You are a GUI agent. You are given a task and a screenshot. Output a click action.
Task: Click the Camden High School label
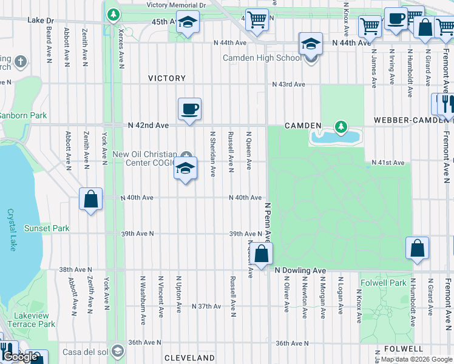(x=262, y=58)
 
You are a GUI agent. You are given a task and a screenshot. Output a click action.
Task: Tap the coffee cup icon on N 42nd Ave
(x=189, y=109)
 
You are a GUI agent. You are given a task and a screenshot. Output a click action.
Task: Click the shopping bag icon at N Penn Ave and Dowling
(x=262, y=254)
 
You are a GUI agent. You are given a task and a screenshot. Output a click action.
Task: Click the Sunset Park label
(x=46, y=229)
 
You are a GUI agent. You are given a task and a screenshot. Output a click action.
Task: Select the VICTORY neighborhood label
(x=167, y=78)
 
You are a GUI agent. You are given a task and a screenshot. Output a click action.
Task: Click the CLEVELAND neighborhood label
(x=189, y=357)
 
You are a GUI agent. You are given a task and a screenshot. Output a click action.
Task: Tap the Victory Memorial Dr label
(x=176, y=5)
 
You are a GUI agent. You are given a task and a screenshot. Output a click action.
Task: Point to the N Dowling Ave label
(x=300, y=270)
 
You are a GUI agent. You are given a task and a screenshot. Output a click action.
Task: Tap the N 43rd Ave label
(x=288, y=84)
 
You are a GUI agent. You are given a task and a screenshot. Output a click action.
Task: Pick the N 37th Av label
(x=206, y=306)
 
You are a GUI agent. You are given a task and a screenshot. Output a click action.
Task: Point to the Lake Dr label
(x=41, y=20)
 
